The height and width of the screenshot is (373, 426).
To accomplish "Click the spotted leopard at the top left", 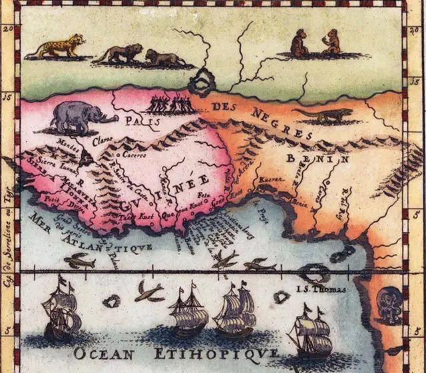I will [x=59, y=47].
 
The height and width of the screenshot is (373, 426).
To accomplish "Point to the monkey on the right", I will [x=330, y=42].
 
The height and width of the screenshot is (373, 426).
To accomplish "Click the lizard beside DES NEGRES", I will [x=323, y=115].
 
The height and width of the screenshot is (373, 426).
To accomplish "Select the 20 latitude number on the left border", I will [x=8, y=29].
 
